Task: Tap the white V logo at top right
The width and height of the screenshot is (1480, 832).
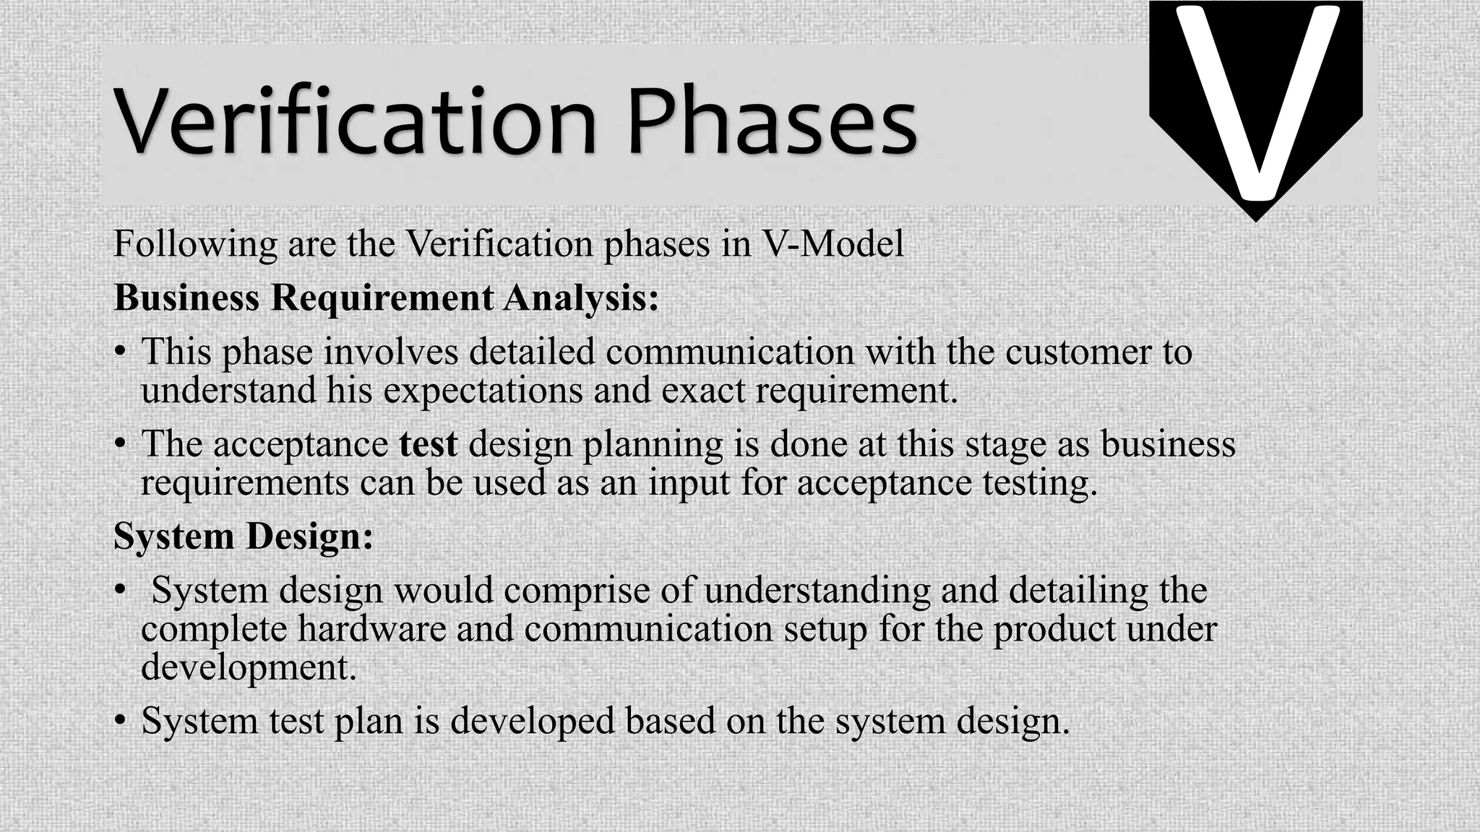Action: point(1256,101)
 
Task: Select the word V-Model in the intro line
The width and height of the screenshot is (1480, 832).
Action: point(833,243)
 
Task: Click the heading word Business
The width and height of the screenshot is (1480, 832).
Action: point(186,298)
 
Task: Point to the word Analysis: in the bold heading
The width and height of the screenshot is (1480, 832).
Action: point(581,298)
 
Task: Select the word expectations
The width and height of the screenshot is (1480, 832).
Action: point(483,391)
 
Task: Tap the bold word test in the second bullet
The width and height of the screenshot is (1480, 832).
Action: point(429,443)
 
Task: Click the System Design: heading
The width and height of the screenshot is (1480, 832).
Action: point(244,536)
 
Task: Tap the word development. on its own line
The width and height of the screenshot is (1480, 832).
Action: point(249,667)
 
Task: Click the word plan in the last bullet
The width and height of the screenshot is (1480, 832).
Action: point(368,721)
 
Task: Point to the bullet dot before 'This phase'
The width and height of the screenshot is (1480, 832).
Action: point(121,353)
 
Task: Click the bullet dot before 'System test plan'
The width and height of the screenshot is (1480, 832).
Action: point(121,721)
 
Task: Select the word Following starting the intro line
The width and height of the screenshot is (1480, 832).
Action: point(195,244)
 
